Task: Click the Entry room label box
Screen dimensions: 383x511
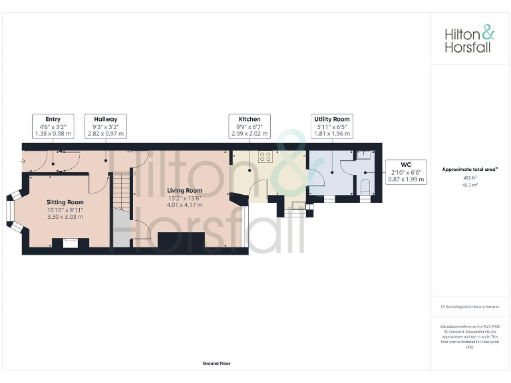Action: coord(53,126)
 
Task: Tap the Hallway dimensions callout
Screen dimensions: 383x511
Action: coord(106,126)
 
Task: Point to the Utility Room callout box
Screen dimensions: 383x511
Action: coord(332,126)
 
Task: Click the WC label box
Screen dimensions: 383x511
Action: coord(406,172)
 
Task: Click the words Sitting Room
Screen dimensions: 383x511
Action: coord(65,202)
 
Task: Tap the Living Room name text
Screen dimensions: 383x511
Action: coord(185,190)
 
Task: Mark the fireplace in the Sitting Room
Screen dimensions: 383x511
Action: coord(69,243)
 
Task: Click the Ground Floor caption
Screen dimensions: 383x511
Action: coord(216,364)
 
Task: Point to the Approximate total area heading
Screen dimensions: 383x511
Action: coord(470,170)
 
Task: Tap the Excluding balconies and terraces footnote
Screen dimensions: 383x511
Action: coord(470,307)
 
